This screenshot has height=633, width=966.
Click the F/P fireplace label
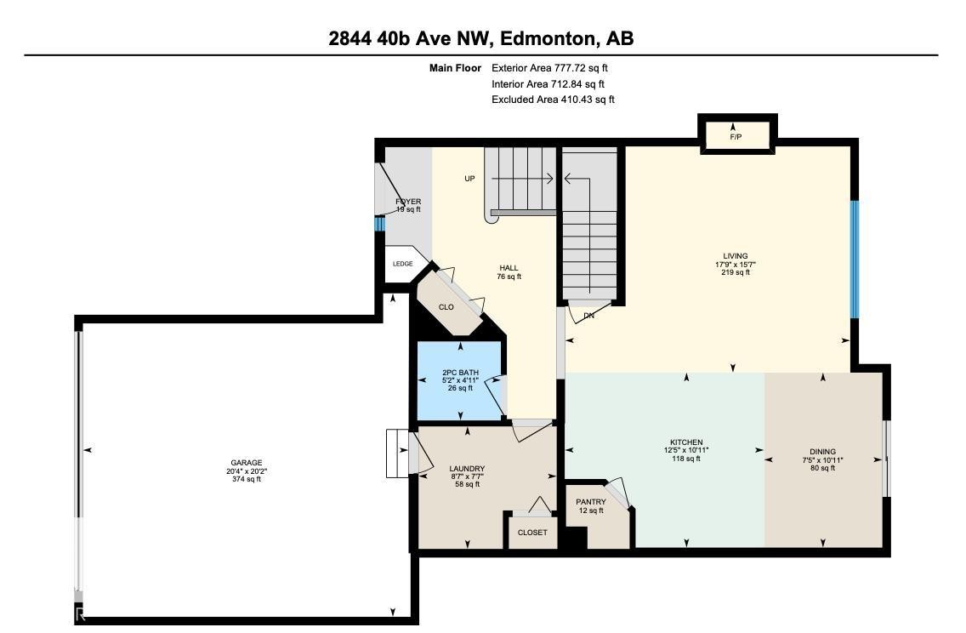click(736, 137)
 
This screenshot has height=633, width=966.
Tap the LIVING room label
click(735, 256)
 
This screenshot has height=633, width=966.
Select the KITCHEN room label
click(685, 442)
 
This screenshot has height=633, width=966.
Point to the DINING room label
click(821, 452)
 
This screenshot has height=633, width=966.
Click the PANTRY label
click(590, 502)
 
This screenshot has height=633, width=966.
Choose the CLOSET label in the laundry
click(532, 533)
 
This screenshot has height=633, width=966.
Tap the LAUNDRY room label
click(467, 469)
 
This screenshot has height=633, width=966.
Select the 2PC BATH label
click(460, 373)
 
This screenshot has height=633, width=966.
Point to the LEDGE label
click(402, 264)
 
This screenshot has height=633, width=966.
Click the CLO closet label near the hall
click(446, 307)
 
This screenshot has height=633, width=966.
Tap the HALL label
click(509, 268)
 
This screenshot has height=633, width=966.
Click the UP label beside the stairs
click(469, 179)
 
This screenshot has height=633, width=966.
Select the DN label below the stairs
click(588, 316)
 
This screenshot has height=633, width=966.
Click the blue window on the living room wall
click(854, 259)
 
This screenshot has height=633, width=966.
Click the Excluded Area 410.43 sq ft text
click(553, 100)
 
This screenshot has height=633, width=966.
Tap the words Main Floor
click(455, 68)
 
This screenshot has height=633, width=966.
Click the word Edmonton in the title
click(548, 38)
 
